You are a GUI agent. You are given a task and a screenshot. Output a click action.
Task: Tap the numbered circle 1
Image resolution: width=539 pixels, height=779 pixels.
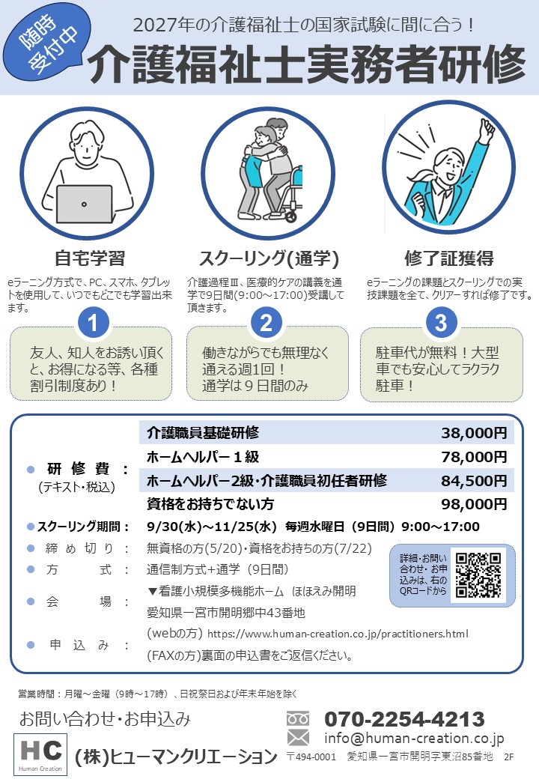[93, 323]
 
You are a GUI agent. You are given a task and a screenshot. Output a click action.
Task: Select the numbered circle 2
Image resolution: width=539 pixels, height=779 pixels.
[267, 323]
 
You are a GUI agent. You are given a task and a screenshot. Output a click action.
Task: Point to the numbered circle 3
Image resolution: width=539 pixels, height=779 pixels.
[441, 323]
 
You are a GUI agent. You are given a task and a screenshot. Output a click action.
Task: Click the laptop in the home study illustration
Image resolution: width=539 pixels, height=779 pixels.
[84, 204]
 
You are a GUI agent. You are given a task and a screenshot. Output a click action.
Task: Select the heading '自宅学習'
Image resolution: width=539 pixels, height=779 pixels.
[90, 258]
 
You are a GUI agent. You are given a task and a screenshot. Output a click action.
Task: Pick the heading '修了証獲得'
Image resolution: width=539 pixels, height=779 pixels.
[448, 258]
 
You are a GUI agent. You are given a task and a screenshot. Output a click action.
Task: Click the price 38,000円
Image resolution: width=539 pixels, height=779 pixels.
[474, 433]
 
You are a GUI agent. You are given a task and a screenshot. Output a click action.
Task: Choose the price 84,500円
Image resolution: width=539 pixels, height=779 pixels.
[474, 481]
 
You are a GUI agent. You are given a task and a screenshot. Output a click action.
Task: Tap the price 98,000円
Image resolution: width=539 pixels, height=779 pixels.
[474, 504]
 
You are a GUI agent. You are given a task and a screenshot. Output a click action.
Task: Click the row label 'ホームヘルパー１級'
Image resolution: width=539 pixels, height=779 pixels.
[203, 457]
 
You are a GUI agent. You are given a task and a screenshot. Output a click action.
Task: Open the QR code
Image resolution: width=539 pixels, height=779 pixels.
[478, 575]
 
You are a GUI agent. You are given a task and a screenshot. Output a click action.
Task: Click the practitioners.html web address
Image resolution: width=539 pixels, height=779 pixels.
[338, 634]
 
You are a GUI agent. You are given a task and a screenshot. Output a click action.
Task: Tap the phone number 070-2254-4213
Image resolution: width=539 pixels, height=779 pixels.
[404, 719]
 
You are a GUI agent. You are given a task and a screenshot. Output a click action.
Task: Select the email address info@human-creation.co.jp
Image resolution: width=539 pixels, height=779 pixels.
[415, 739]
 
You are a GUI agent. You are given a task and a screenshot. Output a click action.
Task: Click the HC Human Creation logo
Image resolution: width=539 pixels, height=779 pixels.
[40, 754]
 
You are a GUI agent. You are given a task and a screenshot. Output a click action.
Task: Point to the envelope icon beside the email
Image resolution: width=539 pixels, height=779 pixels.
[298, 738]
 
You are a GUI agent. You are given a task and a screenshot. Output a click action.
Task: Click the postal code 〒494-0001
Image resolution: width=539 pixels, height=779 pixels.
[311, 757]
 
